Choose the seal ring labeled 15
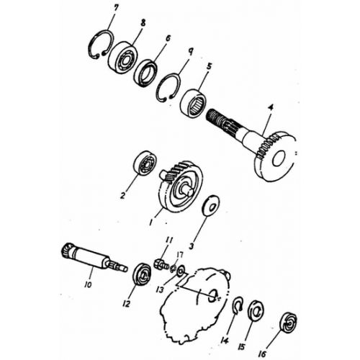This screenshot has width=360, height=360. pyautogui.click(x=256, y=312)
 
